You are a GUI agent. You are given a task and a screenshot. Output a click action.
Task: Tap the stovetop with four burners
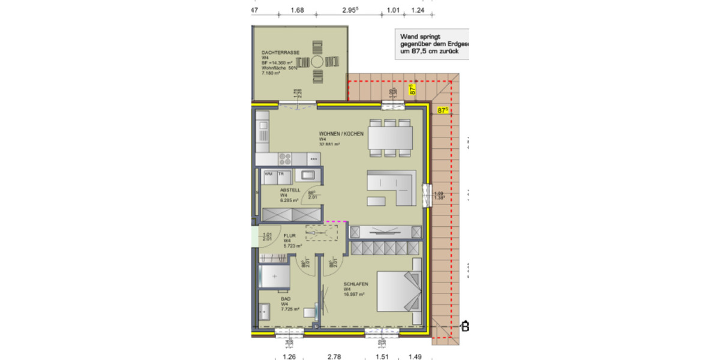point(284,159)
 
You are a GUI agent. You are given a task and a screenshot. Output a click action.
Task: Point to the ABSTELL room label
point(290,190)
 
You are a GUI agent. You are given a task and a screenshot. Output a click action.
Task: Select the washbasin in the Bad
point(265,312)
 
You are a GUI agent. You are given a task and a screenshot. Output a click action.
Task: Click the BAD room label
point(285,298)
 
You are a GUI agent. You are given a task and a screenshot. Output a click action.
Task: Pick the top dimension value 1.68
point(297,10)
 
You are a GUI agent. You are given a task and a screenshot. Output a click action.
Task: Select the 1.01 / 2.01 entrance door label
point(268,238)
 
